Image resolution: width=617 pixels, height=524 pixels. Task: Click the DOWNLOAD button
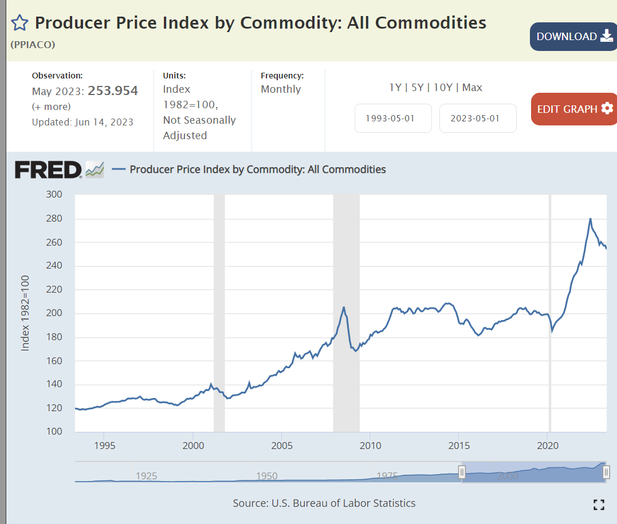tap(573, 37)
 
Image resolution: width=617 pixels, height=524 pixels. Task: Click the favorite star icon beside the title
tap(19, 23)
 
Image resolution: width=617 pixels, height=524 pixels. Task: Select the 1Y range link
tap(395, 88)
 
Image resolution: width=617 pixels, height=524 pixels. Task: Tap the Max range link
tap(472, 88)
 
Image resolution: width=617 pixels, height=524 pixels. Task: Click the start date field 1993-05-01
tap(393, 119)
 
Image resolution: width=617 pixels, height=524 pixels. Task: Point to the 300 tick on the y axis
tap(54, 194)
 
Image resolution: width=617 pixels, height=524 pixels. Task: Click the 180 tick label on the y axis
tap(54, 337)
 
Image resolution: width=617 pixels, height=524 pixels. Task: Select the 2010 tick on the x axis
tap(370, 446)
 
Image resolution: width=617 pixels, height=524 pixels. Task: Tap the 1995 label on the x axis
tap(104, 446)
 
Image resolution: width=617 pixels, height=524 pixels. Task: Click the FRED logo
tap(49, 170)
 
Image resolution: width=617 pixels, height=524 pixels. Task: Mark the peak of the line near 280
tap(590, 218)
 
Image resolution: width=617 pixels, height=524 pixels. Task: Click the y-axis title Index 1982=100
tap(25, 313)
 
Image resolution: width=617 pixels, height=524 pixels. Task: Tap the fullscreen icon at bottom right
tap(599, 505)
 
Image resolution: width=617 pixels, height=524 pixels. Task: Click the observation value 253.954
tap(113, 90)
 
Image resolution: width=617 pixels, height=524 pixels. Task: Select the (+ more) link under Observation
tap(52, 107)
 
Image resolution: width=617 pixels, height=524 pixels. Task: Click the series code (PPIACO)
tap(33, 44)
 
